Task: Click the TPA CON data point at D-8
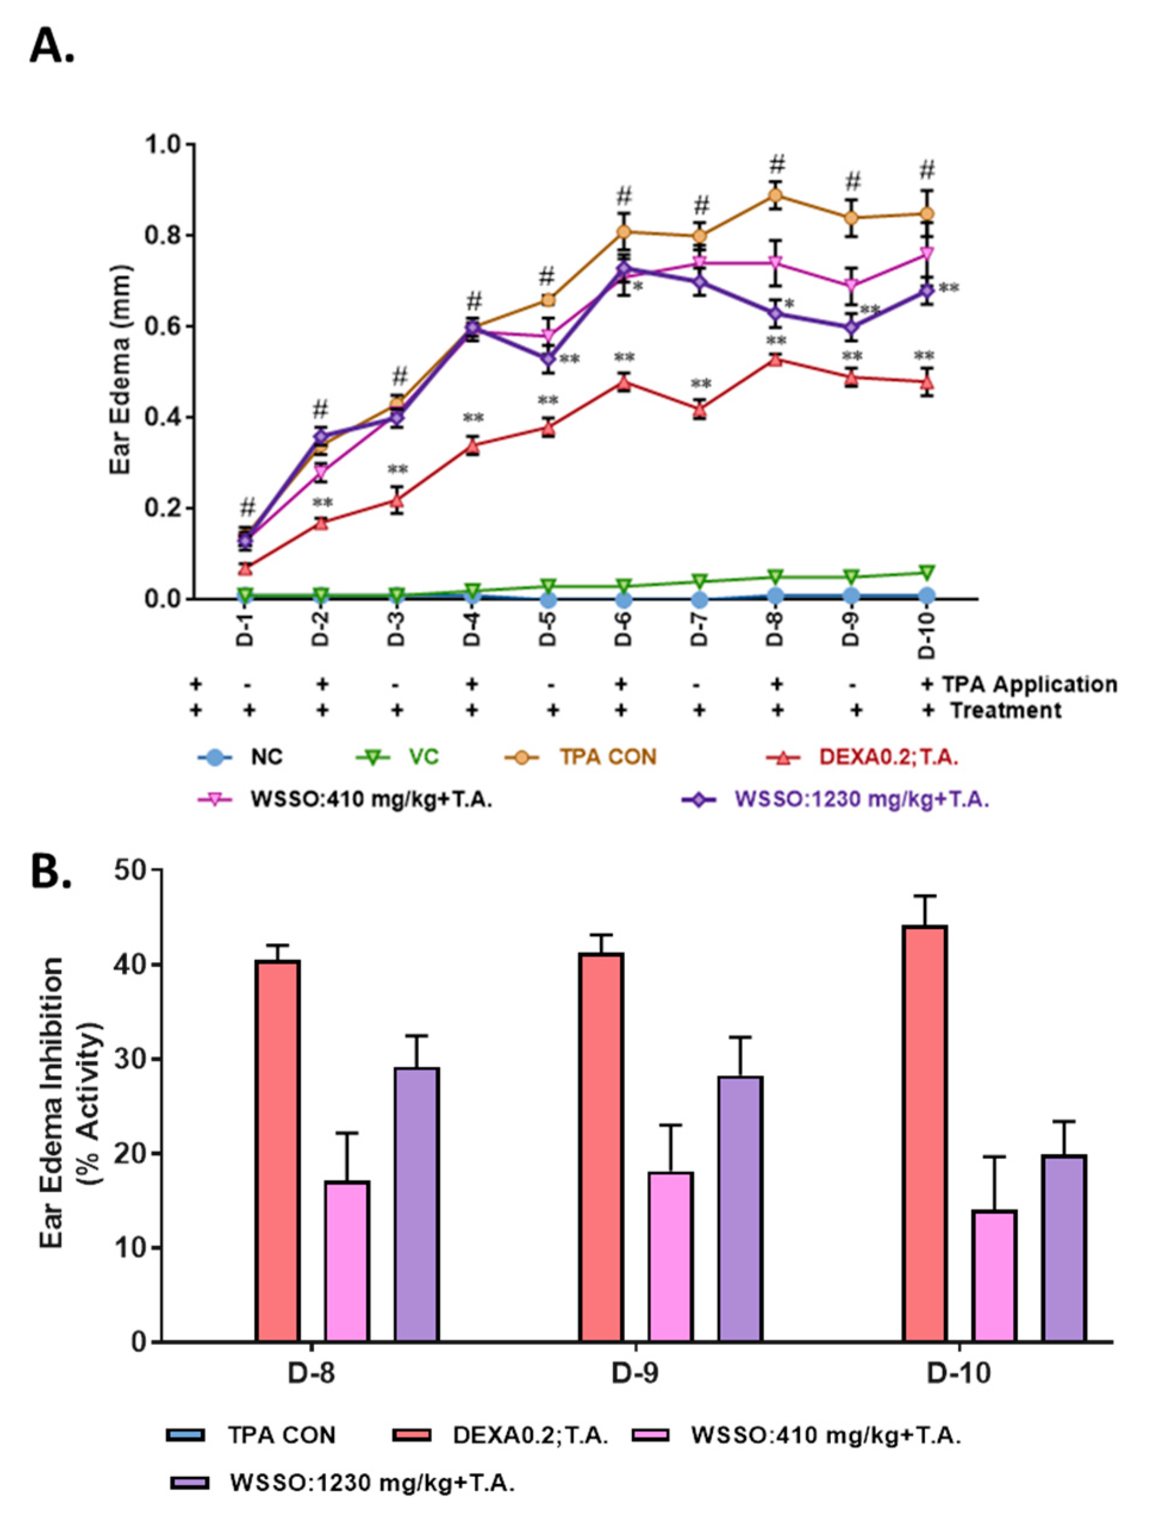(776, 195)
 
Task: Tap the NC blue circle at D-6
(624, 599)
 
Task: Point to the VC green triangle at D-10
(926, 573)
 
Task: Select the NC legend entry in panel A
(266, 757)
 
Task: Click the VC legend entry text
(423, 757)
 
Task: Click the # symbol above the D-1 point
(248, 507)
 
